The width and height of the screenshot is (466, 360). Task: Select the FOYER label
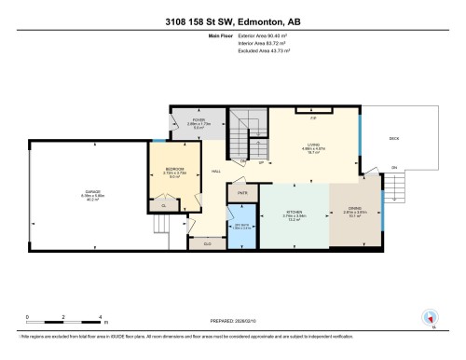tap(199, 121)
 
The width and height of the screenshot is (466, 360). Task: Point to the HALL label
tap(215, 171)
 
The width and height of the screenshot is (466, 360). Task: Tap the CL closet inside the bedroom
tap(164, 205)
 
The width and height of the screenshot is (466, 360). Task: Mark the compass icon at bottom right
tap(431, 318)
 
